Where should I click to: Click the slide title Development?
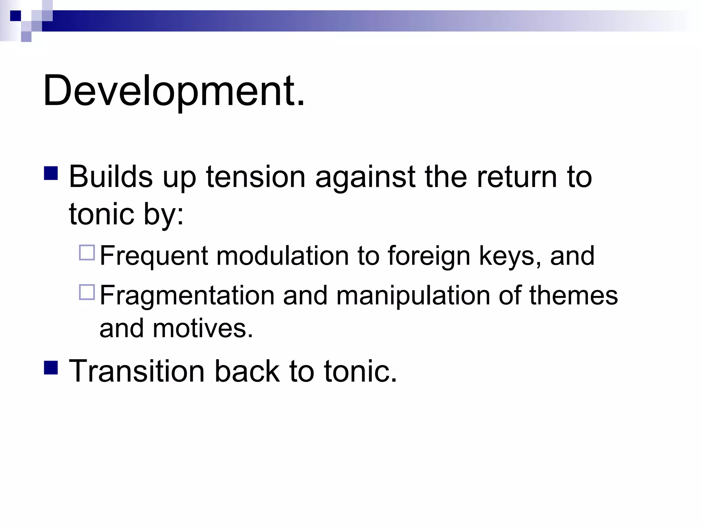173,91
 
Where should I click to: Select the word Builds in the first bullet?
110,177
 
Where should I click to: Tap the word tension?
255,177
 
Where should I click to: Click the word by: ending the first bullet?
164,215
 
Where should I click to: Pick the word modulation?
282,256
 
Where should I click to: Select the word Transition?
137,371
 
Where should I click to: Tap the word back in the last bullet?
247,371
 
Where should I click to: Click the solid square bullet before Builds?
51,173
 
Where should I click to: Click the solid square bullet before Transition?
51,367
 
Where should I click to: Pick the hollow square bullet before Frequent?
87,253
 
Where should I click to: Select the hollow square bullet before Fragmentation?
87,292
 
